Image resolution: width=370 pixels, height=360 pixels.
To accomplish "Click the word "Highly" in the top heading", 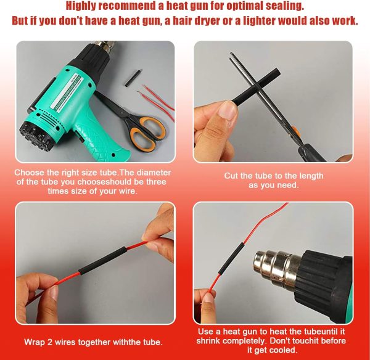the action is point(80,6).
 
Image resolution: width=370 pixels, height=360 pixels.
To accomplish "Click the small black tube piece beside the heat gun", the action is point(133,78).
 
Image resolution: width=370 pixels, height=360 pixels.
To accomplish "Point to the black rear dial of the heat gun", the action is point(35,136).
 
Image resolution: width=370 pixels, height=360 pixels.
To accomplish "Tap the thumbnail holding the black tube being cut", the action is point(226,110).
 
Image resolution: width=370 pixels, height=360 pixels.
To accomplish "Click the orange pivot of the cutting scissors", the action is point(295,132).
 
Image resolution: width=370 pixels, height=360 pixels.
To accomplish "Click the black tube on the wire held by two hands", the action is point(102,260).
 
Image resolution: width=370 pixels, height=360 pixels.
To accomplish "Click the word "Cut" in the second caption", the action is point(231,176).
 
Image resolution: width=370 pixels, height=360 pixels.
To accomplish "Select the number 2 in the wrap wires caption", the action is point(50,342).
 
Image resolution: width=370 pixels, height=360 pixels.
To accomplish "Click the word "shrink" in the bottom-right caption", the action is point(208,341).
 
